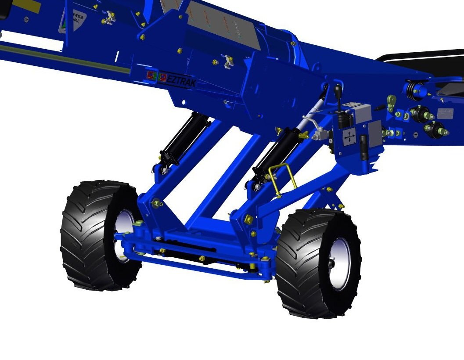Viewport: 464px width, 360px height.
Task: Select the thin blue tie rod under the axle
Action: [x=198, y=266]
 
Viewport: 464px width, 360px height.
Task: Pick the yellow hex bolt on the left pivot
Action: [x=156, y=203]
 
